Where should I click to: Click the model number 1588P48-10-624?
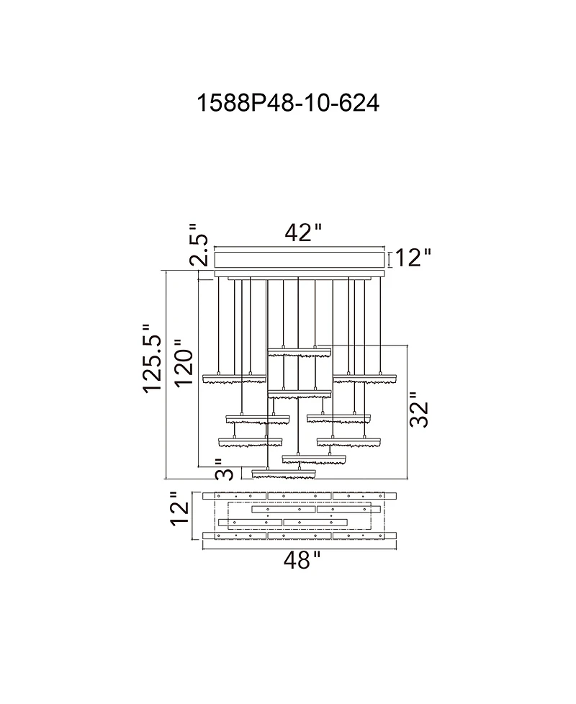(x=288, y=103)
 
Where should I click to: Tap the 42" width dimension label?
(x=304, y=233)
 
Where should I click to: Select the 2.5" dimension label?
(x=199, y=244)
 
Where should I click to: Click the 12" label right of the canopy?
(x=413, y=258)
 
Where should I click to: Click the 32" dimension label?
(x=419, y=410)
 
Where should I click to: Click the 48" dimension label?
(x=302, y=560)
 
